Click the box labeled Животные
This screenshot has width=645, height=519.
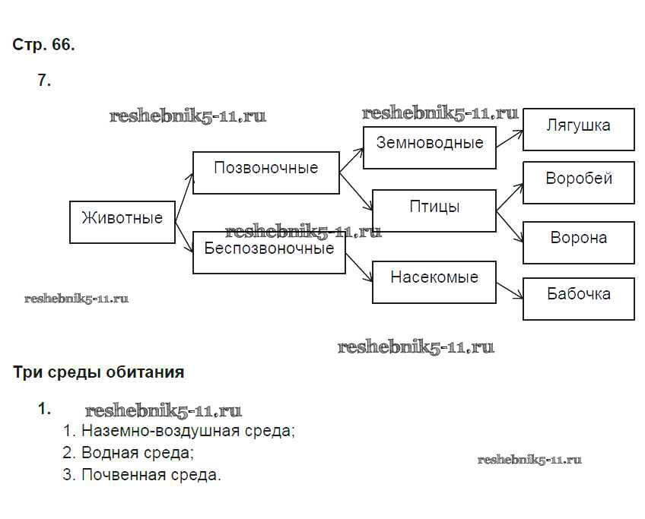coord(122,222)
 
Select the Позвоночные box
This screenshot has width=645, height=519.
coord(265,172)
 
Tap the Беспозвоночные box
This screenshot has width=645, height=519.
coord(268,252)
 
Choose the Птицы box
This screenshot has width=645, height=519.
coord(434,210)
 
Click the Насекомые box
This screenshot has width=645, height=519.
coord(434,282)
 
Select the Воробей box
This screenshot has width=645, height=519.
coord(578,182)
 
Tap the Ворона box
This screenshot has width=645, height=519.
coord(578,242)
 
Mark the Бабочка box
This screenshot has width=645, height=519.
coord(578,298)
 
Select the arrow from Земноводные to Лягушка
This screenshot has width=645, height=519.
coord(510,138)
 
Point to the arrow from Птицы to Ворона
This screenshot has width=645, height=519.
coord(510,226)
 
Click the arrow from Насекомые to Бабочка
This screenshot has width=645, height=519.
coord(510,289)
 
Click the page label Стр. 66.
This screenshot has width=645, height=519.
coord(43,45)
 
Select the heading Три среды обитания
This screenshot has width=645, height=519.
coord(99,372)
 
